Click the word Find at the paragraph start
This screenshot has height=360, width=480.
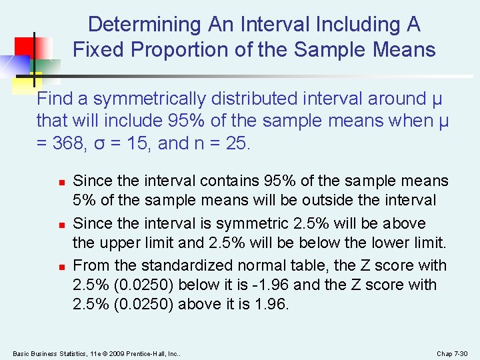pos(54,99)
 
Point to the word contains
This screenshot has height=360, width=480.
pos(221,181)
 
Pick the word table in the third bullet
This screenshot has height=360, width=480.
pos(293,265)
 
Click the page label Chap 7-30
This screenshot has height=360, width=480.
pos(453,353)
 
